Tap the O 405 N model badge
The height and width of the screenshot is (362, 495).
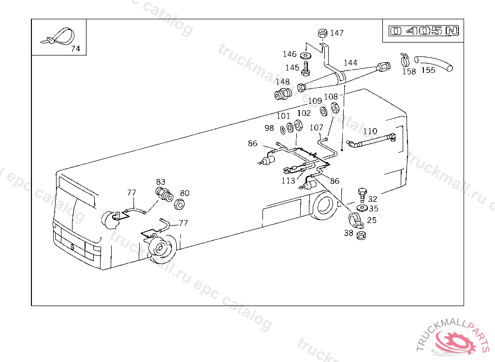[x=424, y=31]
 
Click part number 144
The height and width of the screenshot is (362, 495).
[x=350, y=63]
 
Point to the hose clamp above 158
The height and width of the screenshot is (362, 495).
[x=405, y=60]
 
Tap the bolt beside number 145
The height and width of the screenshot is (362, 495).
[x=306, y=69]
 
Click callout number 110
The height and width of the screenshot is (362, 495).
[x=370, y=131]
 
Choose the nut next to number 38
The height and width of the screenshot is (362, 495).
[x=361, y=236]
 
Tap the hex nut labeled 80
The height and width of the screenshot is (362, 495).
[x=178, y=204]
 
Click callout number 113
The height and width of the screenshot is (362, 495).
[x=289, y=181]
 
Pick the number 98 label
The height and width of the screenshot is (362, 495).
[x=269, y=128]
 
